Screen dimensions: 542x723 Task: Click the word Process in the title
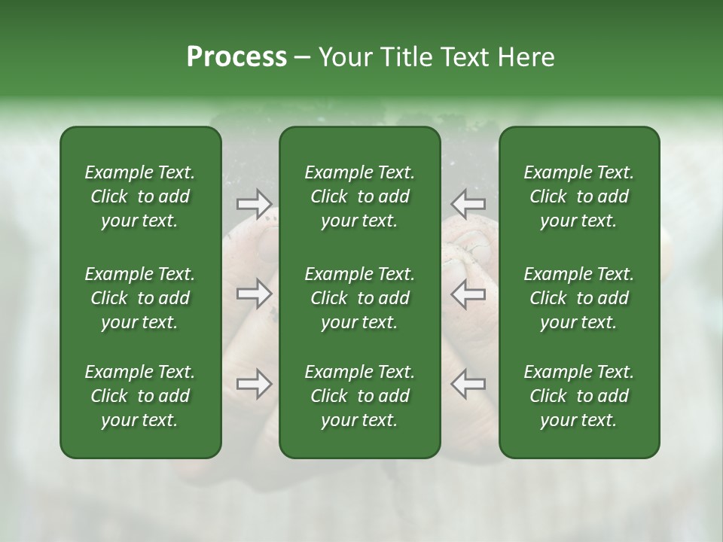click(x=236, y=57)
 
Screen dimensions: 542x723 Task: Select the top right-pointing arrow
click(x=255, y=203)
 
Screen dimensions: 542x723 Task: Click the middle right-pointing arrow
click(x=255, y=294)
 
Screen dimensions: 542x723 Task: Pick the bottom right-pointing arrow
click(x=255, y=384)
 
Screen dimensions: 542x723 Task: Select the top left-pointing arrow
click(x=468, y=203)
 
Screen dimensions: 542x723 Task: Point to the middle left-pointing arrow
click(x=468, y=294)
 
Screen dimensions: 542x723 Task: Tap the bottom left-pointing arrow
click(x=468, y=384)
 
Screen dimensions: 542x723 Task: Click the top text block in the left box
click(x=140, y=196)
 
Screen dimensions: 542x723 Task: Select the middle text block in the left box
click(x=140, y=298)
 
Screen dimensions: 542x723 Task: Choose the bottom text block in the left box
click(x=140, y=396)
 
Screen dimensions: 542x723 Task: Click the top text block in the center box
click(x=360, y=196)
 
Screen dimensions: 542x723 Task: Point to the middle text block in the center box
click(x=360, y=298)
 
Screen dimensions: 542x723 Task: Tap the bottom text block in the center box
click(x=360, y=396)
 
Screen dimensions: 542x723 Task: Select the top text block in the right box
click(x=579, y=196)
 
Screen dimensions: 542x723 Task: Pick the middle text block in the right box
click(x=579, y=298)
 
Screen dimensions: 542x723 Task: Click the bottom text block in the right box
click(x=579, y=396)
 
